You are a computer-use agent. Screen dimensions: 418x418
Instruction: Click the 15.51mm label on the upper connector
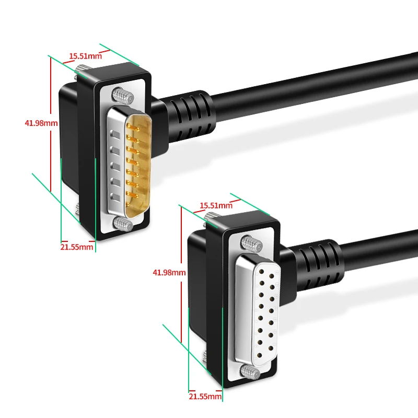click(x=84, y=56)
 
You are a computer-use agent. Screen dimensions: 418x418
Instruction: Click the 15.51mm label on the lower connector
click(x=216, y=205)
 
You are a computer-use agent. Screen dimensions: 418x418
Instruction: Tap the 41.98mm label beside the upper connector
click(x=41, y=123)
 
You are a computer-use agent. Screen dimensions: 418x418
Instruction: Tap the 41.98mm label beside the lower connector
click(x=169, y=272)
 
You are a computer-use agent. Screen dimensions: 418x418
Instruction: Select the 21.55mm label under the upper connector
click(x=77, y=247)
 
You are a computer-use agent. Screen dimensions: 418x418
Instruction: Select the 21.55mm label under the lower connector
click(x=205, y=397)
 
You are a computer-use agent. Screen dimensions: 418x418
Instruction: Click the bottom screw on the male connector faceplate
click(x=122, y=224)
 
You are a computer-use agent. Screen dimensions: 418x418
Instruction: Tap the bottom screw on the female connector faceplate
click(x=251, y=372)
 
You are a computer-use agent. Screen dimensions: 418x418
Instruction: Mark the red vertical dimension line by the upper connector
click(x=51, y=123)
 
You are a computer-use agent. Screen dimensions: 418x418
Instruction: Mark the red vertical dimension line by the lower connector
click(x=180, y=272)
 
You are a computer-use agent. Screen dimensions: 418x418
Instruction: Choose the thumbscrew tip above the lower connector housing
click(x=210, y=218)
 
